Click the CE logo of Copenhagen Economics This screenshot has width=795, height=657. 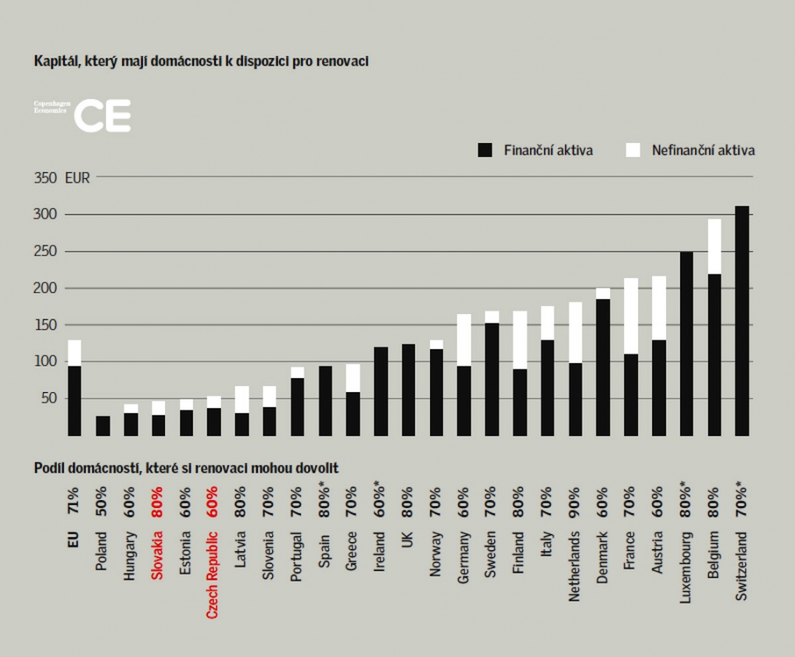tap(102, 116)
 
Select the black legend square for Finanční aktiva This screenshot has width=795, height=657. tap(485, 150)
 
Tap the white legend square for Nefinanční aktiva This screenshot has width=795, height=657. tap(633, 150)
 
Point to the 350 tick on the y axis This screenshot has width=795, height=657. tap(45, 177)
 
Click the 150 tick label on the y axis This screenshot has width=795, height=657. tap(43, 325)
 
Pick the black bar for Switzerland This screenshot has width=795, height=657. tap(742, 321)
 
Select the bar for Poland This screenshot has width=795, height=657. tap(102, 426)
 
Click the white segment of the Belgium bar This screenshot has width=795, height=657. tap(714, 246)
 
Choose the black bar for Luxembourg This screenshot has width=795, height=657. tap(686, 343)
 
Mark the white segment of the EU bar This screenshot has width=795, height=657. tap(74, 353)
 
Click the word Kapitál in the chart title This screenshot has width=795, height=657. tap(52, 61)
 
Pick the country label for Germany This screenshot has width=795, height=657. tap(464, 558)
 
